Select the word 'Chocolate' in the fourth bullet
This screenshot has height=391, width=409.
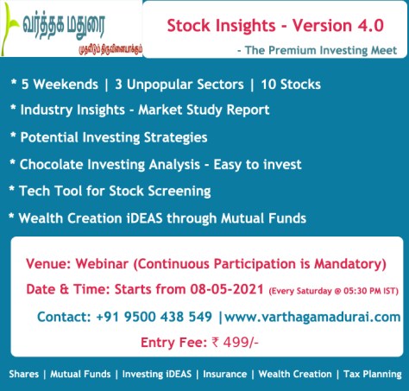coord(53,163)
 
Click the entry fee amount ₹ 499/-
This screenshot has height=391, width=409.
coord(235,344)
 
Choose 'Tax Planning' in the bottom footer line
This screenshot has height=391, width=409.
coord(369,374)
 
